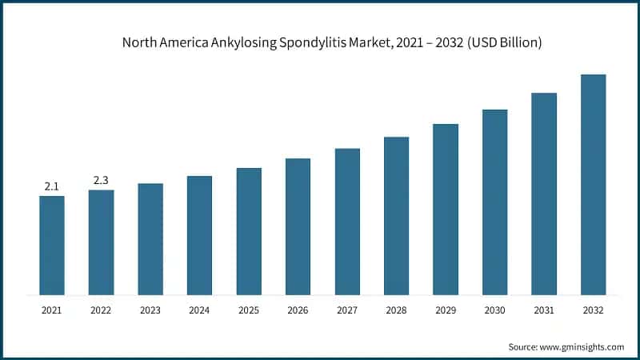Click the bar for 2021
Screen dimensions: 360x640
click(52, 246)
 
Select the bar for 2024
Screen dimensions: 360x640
click(199, 235)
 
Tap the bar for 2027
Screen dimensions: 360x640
click(347, 222)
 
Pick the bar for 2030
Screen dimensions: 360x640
click(494, 202)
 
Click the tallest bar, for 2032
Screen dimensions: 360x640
click(593, 185)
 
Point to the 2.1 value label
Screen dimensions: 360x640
click(52, 186)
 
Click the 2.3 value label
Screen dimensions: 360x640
click(101, 181)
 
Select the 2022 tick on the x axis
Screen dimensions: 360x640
click(101, 310)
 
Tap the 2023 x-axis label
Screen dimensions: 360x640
click(150, 310)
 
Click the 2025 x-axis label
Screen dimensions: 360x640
click(249, 310)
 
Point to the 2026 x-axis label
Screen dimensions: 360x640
click(298, 310)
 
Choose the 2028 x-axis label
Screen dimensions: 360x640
click(396, 310)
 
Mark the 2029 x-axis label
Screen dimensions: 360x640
click(446, 310)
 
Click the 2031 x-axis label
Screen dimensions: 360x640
click(544, 310)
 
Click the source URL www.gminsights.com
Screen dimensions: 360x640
click(584, 346)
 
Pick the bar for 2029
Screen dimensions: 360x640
click(446, 210)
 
